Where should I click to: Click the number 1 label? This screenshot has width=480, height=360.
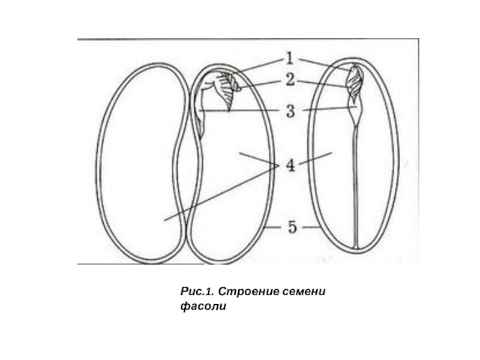[x=290, y=59]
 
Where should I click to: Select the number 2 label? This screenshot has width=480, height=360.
[x=290, y=79]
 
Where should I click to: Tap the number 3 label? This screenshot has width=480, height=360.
[x=290, y=111]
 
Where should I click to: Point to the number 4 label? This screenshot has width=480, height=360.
[x=290, y=165]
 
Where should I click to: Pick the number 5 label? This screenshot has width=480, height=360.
[x=292, y=227]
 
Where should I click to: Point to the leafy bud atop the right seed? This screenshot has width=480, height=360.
[x=356, y=81]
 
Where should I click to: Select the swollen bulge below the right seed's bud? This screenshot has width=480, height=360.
[x=356, y=112]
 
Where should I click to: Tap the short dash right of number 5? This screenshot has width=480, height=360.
[x=310, y=228]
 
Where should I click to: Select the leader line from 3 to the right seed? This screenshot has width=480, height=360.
[x=327, y=109]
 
